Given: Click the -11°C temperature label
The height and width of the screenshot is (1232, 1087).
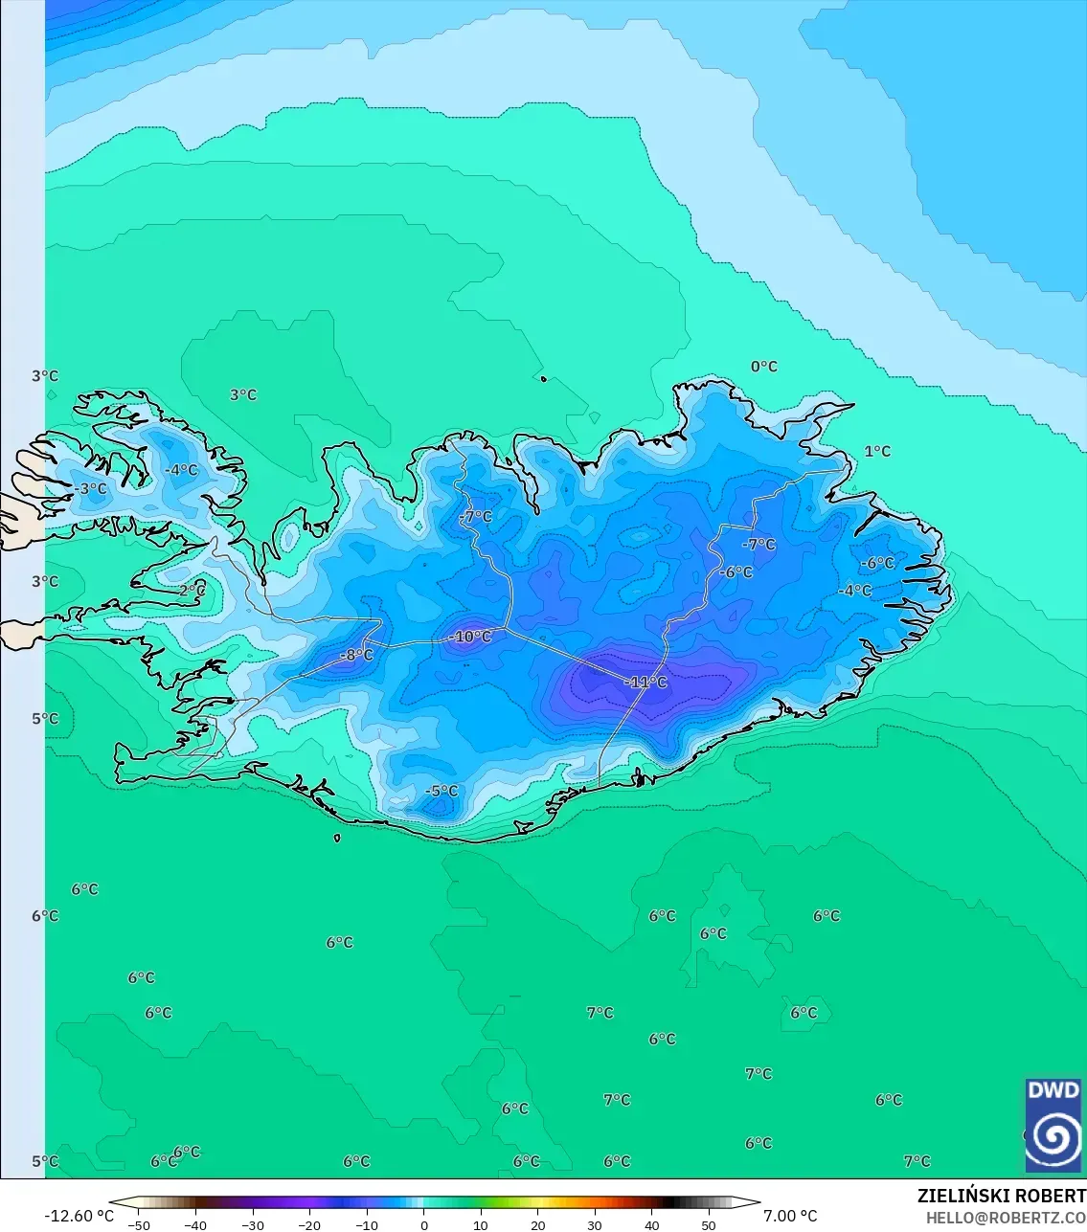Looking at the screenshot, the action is tap(645, 682).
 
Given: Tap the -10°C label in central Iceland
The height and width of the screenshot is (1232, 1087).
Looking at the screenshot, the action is tap(469, 637).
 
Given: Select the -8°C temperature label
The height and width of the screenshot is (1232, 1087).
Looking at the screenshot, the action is tap(356, 655).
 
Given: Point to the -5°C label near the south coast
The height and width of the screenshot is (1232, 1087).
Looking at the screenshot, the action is tap(442, 791).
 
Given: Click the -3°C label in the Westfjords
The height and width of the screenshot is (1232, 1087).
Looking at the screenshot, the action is tap(91, 488).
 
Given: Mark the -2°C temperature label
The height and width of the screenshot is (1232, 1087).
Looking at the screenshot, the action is tap(191, 591).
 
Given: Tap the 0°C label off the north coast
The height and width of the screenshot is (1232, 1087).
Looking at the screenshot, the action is tap(764, 367).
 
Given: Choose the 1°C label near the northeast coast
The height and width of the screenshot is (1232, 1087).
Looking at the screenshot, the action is tap(877, 451).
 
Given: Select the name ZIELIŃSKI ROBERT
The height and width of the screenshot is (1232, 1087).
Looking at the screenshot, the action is tap(1001, 1196).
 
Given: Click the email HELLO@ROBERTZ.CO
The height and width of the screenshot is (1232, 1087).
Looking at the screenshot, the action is tap(1006, 1218).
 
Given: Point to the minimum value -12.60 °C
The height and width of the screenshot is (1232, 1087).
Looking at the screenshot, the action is tap(79, 1216).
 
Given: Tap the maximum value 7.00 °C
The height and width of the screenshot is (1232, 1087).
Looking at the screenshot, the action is tap(790, 1216).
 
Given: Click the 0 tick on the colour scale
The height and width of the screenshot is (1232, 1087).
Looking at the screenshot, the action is tap(424, 1224).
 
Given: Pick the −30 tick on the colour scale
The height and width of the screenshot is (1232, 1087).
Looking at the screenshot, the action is tap(253, 1224).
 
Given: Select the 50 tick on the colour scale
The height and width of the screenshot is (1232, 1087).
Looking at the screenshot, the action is tap(708, 1224).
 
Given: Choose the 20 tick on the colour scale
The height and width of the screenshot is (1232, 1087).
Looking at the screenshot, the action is tap(538, 1224).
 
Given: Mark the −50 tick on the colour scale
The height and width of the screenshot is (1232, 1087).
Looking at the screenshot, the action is tap(139, 1224).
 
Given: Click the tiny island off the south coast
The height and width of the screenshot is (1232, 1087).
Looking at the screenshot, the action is tap(337, 839).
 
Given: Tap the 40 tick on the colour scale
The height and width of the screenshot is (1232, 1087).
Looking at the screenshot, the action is tap(651, 1224).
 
